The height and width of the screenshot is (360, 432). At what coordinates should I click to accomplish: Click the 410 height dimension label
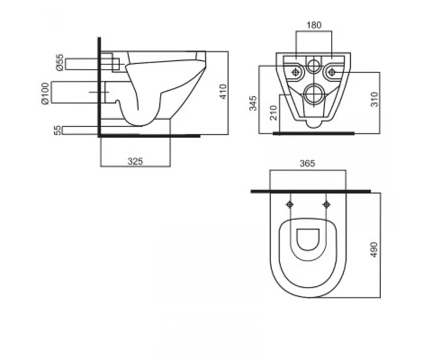[223, 92]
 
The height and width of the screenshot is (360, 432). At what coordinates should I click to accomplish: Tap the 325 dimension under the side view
[135, 161]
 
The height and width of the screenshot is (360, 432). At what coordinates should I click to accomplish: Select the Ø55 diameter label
[59, 62]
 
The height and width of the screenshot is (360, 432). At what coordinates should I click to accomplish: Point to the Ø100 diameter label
[45, 93]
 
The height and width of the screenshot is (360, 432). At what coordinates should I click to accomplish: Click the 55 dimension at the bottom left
[57, 130]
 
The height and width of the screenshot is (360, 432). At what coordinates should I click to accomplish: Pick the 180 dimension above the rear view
[314, 25]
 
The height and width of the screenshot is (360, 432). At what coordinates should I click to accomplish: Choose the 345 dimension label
[253, 103]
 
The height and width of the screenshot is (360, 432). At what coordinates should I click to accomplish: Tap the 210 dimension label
[273, 112]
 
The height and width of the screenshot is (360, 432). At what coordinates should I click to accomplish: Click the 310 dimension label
[375, 100]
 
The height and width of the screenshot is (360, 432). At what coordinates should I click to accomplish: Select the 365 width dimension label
[307, 163]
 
